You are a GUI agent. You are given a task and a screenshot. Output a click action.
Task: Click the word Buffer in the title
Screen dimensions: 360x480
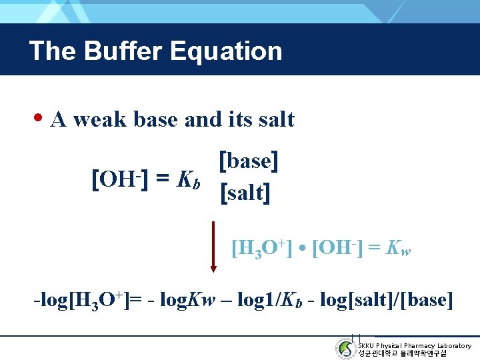pyautogui.click(x=131, y=51)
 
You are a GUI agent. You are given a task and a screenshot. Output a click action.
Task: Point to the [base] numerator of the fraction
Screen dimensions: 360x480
pyautogui.click(x=249, y=161)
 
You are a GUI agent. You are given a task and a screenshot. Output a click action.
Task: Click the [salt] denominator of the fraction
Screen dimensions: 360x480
pyautogui.click(x=245, y=193)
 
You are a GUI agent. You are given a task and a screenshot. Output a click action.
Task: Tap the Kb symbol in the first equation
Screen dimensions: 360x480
pyautogui.click(x=187, y=179)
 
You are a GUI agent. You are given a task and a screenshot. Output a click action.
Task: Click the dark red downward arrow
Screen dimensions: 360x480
pyautogui.click(x=213, y=247)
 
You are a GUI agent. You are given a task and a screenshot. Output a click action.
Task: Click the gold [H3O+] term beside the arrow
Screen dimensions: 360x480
pyautogui.click(x=262, y=249)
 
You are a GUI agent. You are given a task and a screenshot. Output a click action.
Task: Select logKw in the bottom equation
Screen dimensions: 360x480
pyautogui.click(x=187, y=299)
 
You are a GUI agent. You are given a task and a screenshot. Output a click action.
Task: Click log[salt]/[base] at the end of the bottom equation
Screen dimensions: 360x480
pyautogui.click(x=387, y=299)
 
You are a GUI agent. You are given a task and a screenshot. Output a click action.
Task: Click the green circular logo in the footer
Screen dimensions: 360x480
pyautogui.click(x=345, y=348)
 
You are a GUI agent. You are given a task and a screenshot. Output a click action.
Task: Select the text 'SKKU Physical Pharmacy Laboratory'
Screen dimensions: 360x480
pyautogui.click(x=414, y=345)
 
